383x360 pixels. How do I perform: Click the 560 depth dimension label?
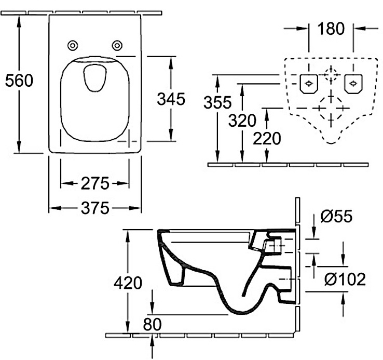click(19, 81)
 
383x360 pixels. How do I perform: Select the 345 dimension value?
click(171, 99)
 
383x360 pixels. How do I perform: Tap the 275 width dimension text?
click(94, 183)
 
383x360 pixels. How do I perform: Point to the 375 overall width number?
click(94, 208)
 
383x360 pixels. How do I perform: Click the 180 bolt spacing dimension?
click(332, 30)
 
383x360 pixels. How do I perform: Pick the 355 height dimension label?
click(217, 102)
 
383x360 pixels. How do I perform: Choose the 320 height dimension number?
click(242, 121)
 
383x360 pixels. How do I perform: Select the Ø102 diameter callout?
click(344, 279)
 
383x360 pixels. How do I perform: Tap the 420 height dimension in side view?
click(128, 283)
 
